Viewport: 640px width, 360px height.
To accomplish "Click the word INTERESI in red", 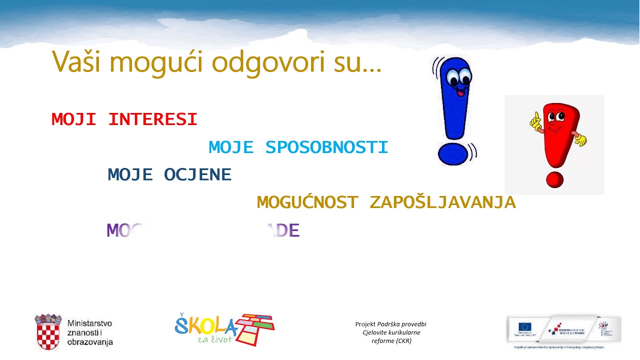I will [152, 119].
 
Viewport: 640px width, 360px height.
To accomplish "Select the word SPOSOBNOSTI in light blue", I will [326, 147].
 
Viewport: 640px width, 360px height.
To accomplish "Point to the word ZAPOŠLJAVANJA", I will [442, 202].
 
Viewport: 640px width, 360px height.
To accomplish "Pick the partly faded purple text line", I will [202, 230].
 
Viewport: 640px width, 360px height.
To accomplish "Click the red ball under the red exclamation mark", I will [554, 179].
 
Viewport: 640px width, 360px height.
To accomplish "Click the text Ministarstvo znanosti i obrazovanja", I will [90, 332].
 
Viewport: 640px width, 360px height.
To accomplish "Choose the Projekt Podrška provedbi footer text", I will [391, 332].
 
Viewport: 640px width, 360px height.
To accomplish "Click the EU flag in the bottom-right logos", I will [525, 327].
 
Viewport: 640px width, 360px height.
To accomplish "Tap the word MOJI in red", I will [73, 119].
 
